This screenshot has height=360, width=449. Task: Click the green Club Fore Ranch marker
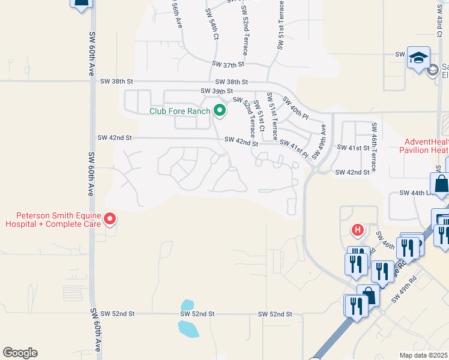click(x=220, y=110)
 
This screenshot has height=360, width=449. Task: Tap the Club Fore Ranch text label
click(x=180, y=111)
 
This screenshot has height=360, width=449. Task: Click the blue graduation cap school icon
click(x=418, y=58)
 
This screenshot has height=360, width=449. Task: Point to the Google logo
click(x=20, y=353)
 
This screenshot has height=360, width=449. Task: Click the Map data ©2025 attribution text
click(x=424, y=355)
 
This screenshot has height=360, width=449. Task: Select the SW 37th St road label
click(x=229, y=64)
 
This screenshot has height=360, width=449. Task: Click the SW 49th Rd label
click(x=403, y=290)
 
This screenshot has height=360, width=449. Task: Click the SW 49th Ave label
click(x=320, y=142)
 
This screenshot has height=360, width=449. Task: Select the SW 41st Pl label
click(x=294, y=149)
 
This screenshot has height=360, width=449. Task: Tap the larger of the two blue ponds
click(x=188, y=328)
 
